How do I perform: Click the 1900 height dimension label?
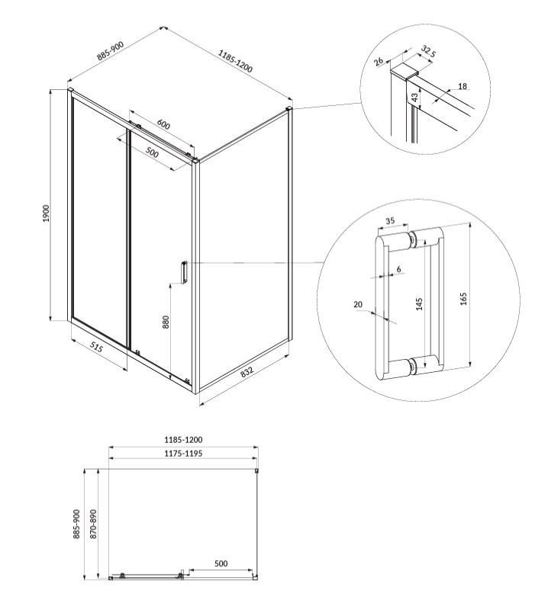(x=46, y=213)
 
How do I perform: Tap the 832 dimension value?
(x=247, y=372)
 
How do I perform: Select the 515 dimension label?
(x=96, y=347)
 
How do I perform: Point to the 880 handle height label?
(x=166, y=322)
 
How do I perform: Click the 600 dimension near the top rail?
(x=163, y=124)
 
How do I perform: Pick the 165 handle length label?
(x=463, y=299)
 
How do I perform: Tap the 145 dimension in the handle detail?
(x=419, y=304)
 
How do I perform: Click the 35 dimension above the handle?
(x=390, y=221)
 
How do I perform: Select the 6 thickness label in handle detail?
(x=398, y=269)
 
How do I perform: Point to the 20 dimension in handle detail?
(x=358, y=305)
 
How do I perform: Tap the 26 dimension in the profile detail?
(x=379, y=61)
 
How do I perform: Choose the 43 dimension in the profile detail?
(x=414, y=98)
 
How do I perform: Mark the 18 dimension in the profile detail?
(x=462, y=86)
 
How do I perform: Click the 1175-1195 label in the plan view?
(x=183, y=454)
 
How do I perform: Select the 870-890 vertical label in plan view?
(x=93, y=524)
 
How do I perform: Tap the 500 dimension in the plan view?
(x=221, y=563)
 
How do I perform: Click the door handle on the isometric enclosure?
(x=184, y=272)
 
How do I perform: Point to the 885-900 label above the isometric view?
(x=111, y=51)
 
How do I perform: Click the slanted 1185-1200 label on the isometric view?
(x=236, y=61)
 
